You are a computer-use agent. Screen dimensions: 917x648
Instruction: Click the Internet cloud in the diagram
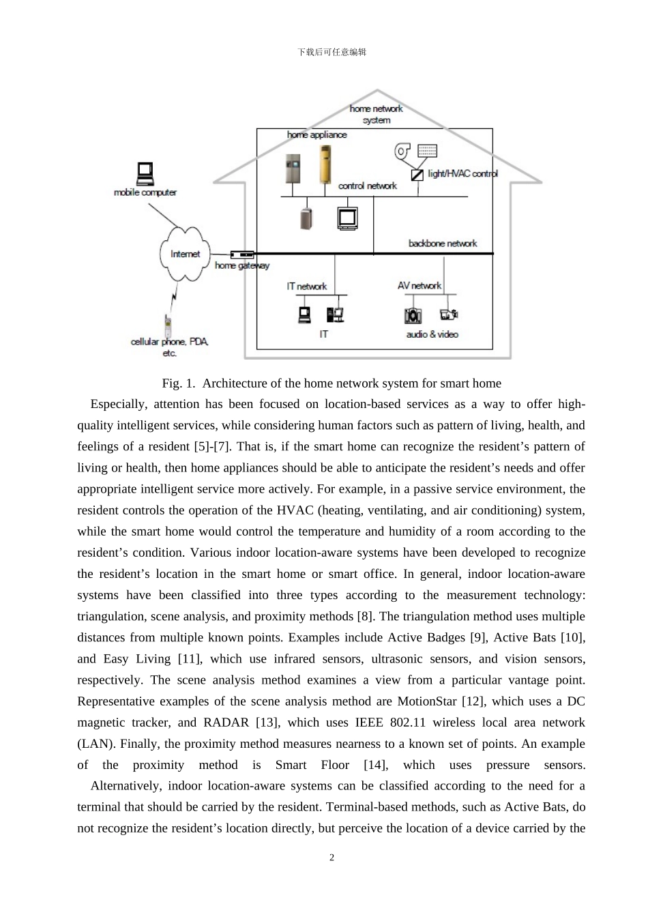coord(185,254)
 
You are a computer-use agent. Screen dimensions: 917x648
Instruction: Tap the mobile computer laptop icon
coord(145,174)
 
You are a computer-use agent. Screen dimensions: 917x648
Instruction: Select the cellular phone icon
coord(168,323)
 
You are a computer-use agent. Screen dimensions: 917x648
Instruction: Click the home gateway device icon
coord(242,254)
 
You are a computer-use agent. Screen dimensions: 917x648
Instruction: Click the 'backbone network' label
coord(443,244)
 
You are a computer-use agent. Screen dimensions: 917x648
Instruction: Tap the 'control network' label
coord(367,186)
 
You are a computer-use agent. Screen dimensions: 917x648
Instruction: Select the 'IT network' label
coord(306,287)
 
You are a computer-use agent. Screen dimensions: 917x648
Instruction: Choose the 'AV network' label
coord(419,286)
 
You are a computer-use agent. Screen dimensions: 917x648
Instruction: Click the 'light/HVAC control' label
coord(462,173)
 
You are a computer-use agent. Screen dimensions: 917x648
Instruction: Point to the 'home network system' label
coord(377,114)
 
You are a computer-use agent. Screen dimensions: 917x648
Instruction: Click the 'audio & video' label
coord(432,334)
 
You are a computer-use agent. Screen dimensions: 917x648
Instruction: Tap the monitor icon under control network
coord(347,218)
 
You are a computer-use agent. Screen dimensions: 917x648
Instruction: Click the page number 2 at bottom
coord(332,858)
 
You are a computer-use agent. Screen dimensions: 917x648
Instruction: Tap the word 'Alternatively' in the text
coord(127,786)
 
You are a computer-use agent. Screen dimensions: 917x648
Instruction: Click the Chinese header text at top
coord(332,53)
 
